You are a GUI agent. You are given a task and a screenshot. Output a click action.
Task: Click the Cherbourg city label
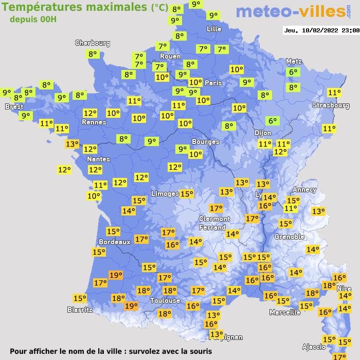tap(93, 43)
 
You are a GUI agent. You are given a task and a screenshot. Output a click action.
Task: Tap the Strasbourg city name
tap(331, 105)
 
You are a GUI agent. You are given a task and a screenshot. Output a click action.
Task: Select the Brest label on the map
tap(14, 106)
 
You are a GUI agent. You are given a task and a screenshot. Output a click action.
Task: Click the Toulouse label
tap(165, 300)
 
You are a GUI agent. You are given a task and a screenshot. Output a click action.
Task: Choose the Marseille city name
tap(285, 312)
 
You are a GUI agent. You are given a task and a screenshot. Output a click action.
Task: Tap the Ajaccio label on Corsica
tap(314, 346)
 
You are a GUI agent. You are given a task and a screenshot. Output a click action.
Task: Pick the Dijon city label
tap(262, 132)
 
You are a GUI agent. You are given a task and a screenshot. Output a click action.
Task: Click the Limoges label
tap(165, 193)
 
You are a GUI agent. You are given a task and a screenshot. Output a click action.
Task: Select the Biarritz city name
tap(80, 310)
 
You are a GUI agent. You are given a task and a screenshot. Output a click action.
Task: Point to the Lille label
tap(213, 29)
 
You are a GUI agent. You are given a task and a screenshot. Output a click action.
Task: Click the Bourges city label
tap(205, 141)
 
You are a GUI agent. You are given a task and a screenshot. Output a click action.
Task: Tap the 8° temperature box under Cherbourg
tap(93, 53)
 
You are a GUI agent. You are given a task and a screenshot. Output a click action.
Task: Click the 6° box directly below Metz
tap(293, 73)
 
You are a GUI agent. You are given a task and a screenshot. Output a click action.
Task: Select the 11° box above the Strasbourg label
tap(334, 93)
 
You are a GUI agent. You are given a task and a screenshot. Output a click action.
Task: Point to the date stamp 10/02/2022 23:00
tap(321, 30)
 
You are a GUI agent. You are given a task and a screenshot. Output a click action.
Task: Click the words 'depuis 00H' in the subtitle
tap(33, 19)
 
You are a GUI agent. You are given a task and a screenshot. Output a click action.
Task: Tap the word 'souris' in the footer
tap(199, 352)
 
